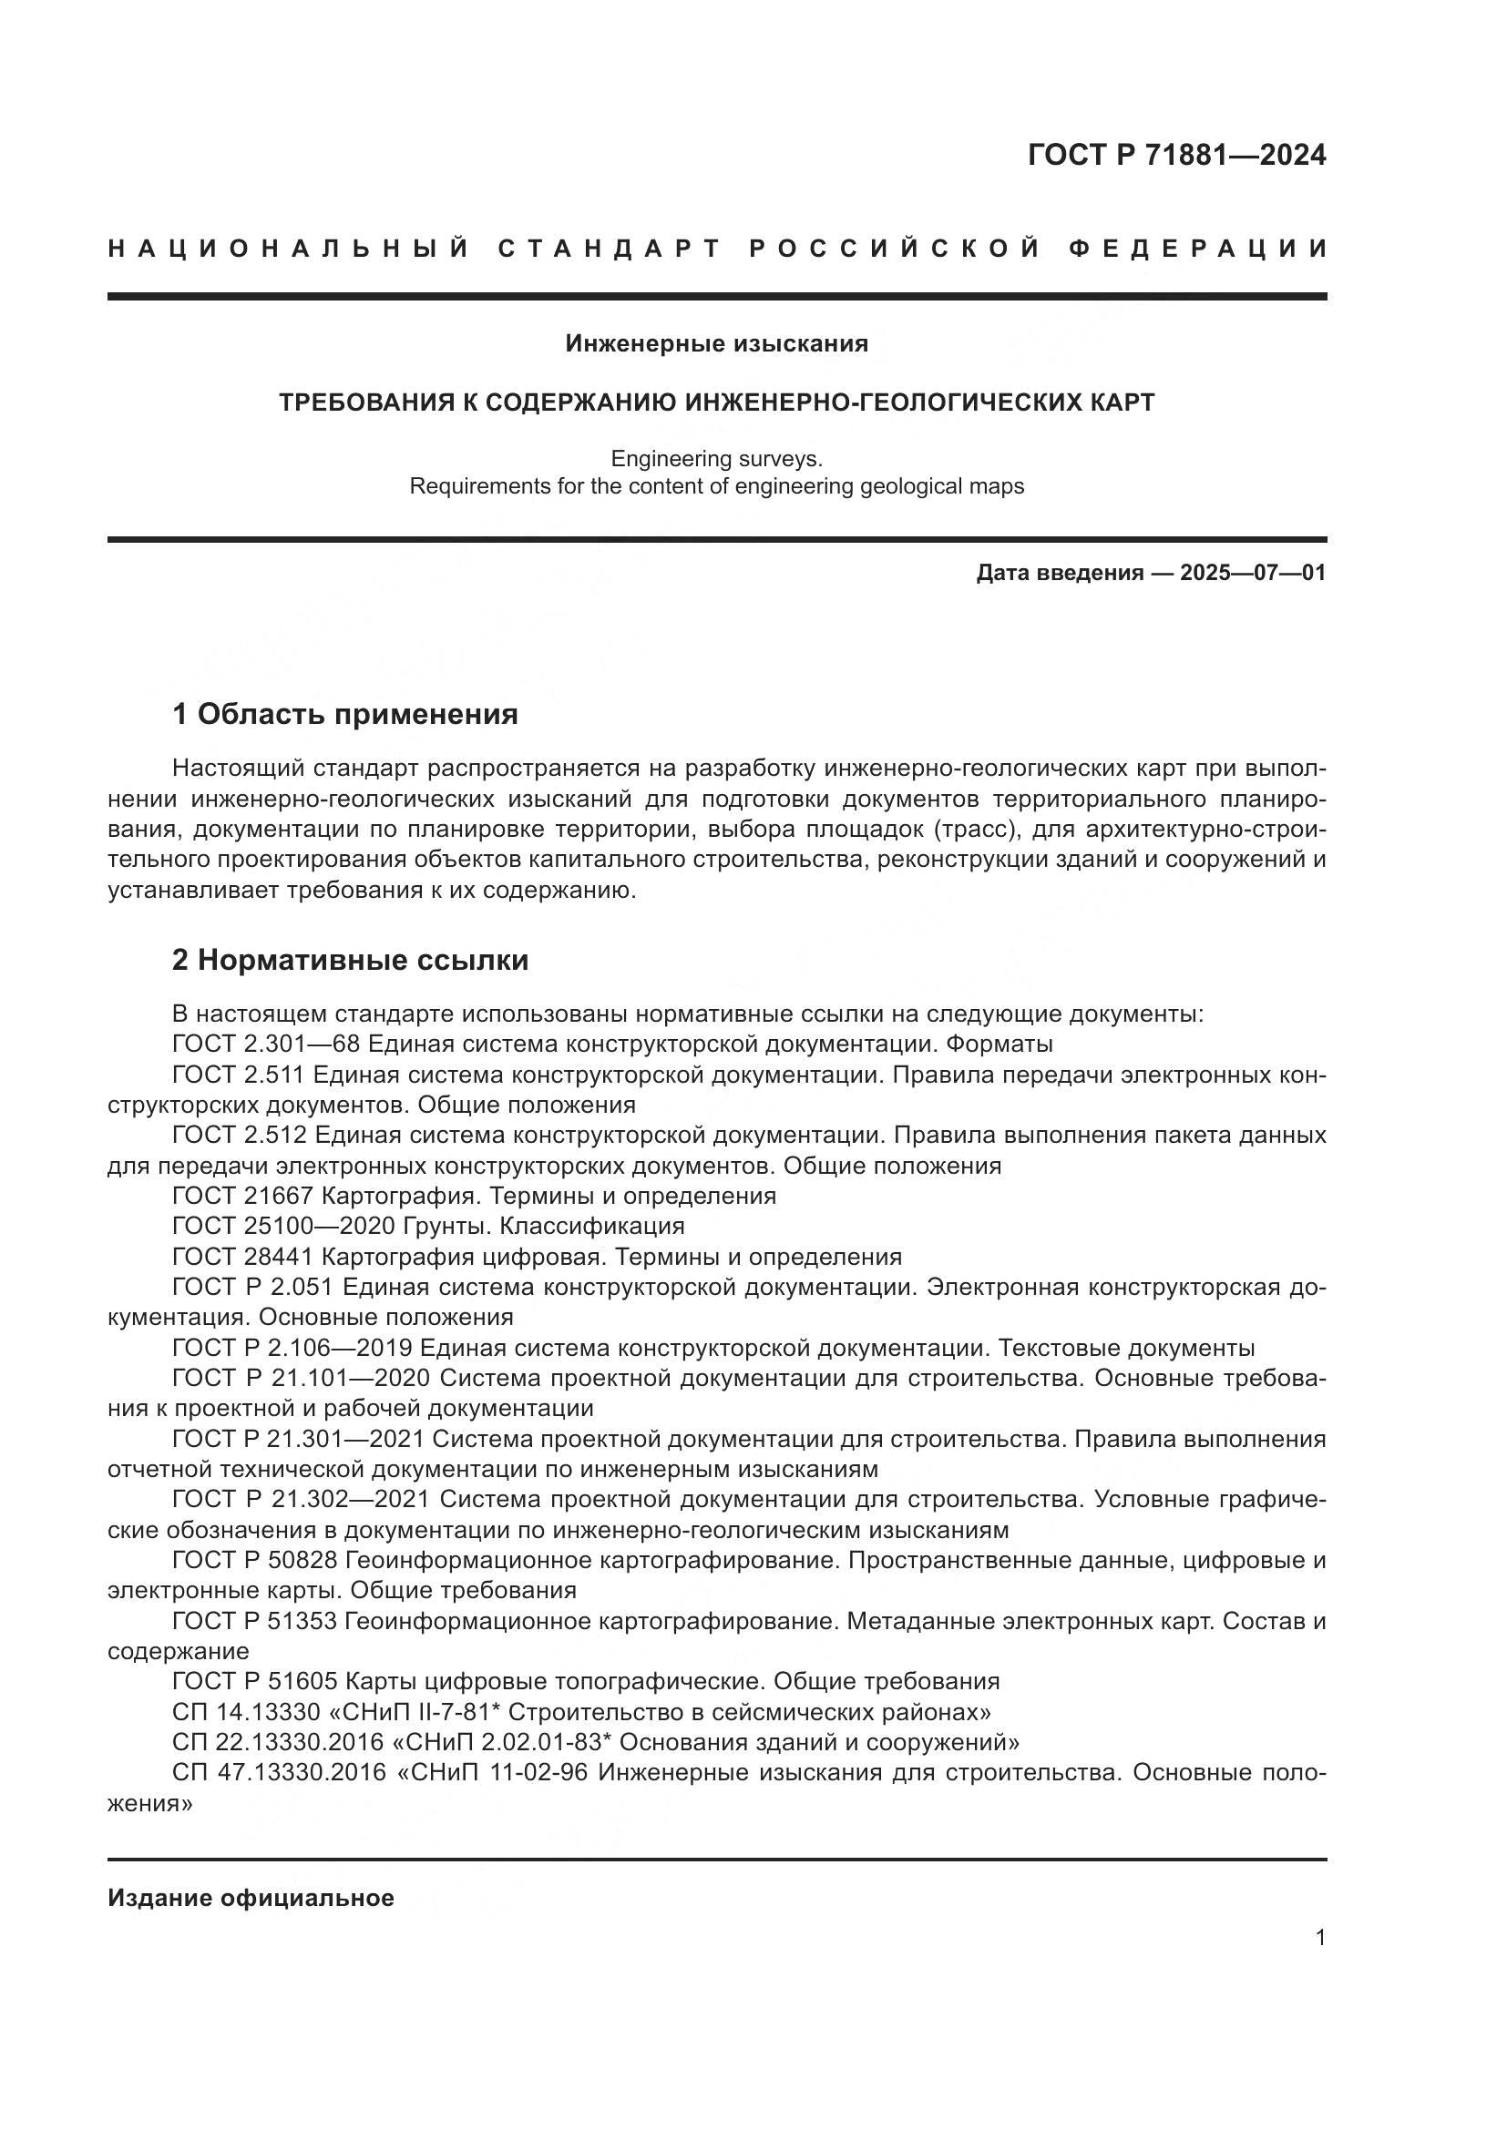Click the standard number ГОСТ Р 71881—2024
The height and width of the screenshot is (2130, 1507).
click(1176, 155)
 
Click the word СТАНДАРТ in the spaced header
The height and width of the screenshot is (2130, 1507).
click(610, 249)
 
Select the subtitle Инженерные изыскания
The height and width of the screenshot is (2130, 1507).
click(716, 344)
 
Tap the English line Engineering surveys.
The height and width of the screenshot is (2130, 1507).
click(716, 458)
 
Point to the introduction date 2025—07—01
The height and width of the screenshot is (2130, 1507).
click(1253, 574)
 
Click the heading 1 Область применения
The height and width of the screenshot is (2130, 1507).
click(344, 714)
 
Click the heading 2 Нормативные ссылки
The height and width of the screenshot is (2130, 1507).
click(350, 960)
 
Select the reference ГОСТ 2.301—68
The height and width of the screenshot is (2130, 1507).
click(265, 1045)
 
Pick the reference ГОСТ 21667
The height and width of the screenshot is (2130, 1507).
click(242, 1196)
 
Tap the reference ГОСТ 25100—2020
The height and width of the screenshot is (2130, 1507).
click(283, 1227)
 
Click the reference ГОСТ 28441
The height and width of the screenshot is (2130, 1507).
click(242, 1257)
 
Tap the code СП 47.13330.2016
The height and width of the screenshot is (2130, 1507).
click(279, 1773)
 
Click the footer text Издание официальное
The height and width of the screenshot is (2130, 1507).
click(251, 1898)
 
